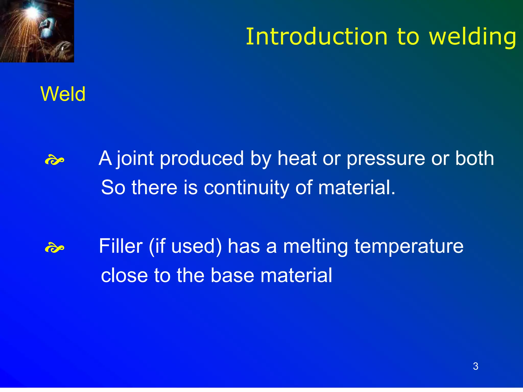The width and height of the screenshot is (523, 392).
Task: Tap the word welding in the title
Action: [x=473, y=37]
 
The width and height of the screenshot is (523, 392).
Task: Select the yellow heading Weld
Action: [x=63, y=94]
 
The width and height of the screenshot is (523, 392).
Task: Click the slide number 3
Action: [x=476, y=366]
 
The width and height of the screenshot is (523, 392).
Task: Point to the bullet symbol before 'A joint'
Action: [x=54, y=161]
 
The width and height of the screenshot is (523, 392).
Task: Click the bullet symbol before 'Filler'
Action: [x=54, y=248]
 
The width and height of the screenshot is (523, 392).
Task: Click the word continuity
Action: [x=246, y=188]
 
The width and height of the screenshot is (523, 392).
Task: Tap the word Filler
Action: [x=121, y=246]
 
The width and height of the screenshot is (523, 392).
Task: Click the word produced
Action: [x=202, y=159]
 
